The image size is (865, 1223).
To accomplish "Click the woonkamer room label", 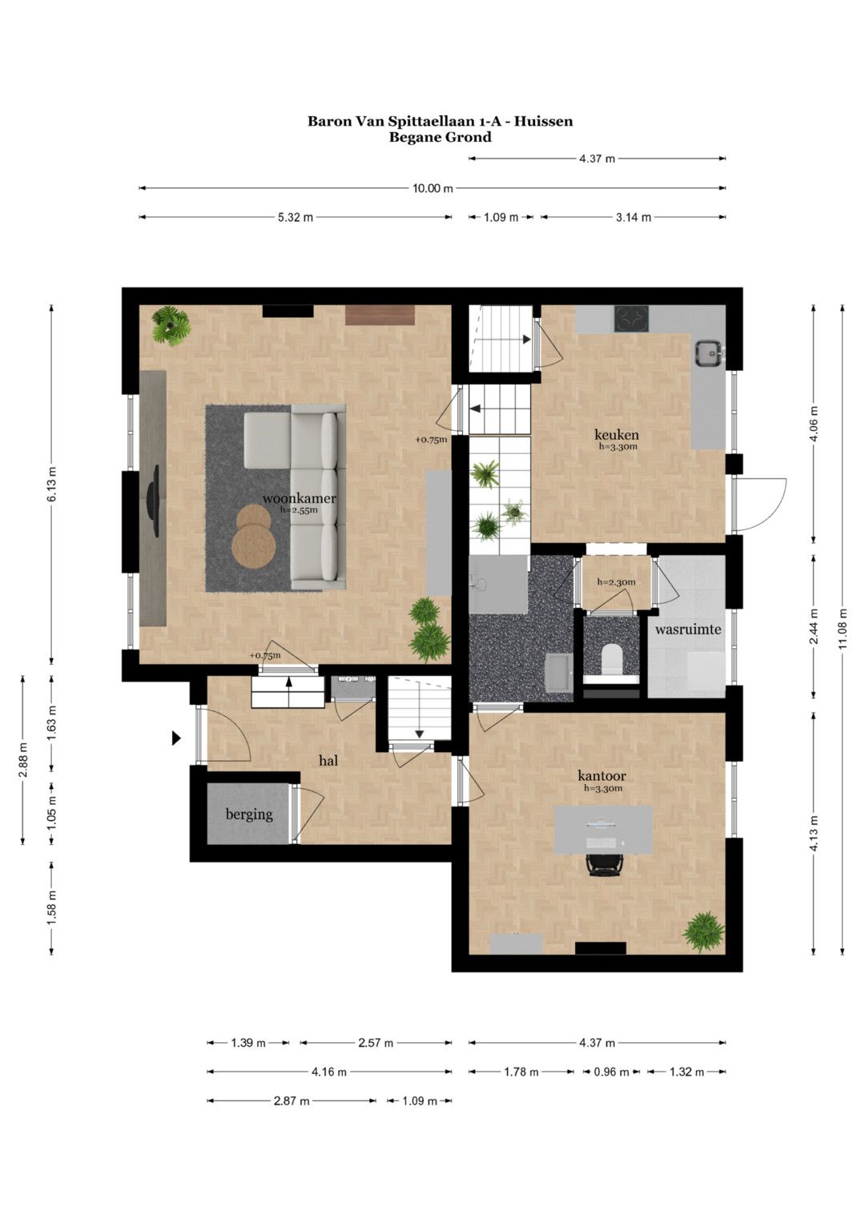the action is point(299,498).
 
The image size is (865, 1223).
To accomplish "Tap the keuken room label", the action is point(617,435).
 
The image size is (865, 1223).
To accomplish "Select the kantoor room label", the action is point(601,775).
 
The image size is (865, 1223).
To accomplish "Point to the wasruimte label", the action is point(688,629).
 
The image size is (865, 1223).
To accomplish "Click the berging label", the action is point(249,815).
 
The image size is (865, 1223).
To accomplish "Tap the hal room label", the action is point(328,760).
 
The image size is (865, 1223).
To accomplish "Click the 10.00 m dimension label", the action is point(432,188).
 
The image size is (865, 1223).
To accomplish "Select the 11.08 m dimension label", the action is point(843,629).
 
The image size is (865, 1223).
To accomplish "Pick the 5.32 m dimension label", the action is point(296,217).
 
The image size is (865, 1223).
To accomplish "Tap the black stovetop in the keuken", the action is point(632,319).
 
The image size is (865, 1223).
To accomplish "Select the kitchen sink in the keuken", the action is point(708,353).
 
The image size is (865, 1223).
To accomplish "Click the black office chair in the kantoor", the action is point(604,865).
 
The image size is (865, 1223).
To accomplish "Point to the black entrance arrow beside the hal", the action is point(176,738).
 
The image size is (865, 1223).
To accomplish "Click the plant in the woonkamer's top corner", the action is point(171,325).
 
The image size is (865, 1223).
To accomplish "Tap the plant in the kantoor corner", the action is point(704,931).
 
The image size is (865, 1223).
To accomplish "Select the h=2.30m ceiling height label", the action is point(617,582).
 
